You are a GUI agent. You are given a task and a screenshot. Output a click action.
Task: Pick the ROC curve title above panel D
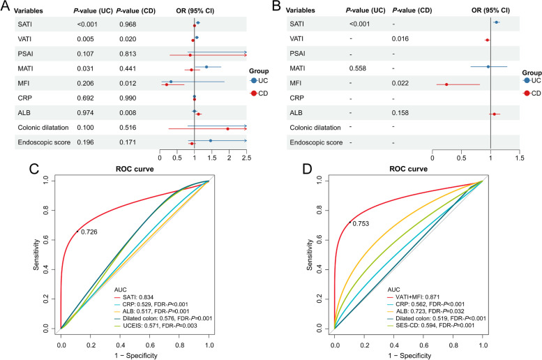(x=407, y=170)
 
